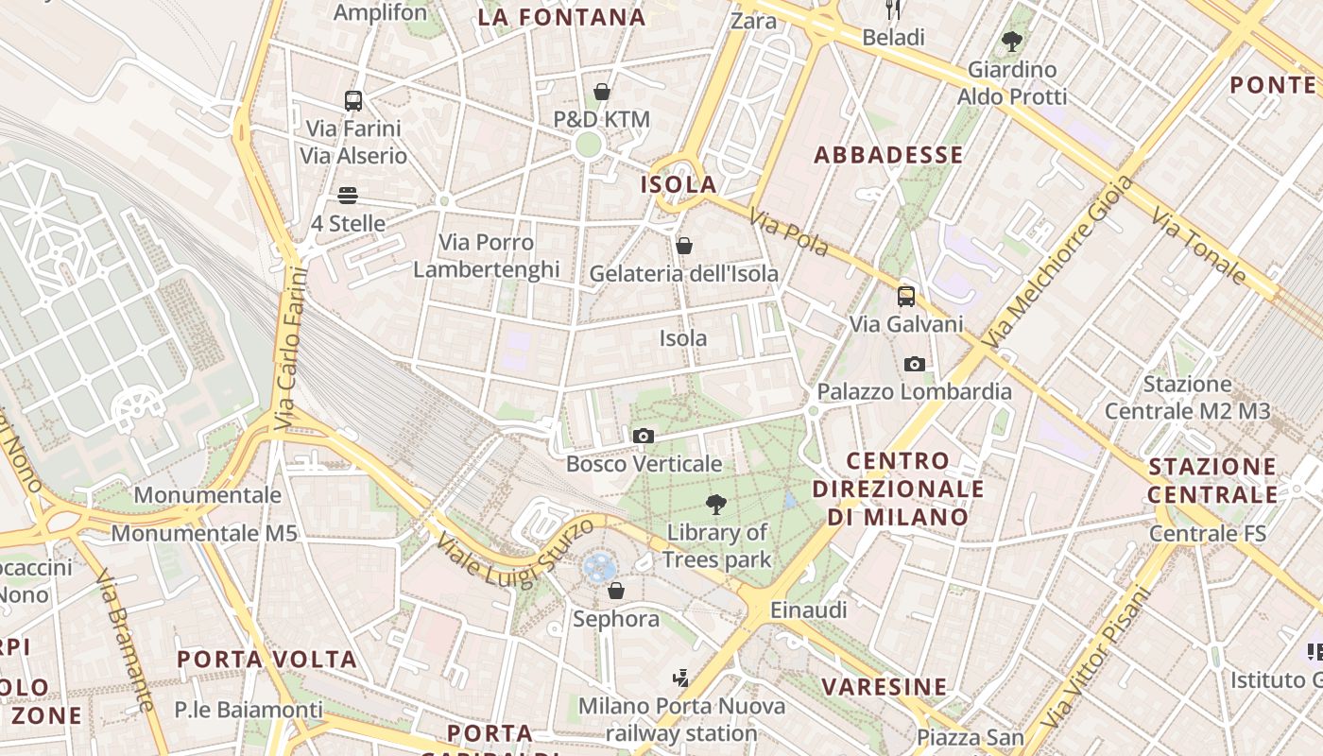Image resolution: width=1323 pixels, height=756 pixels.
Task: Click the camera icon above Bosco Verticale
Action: [644, 436]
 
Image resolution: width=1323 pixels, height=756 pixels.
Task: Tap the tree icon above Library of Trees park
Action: [716, 504]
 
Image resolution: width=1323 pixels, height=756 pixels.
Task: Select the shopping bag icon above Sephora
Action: [616, 591]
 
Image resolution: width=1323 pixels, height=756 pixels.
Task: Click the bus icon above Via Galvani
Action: [905, 296]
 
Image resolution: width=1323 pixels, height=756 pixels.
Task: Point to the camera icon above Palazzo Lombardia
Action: [914, 364]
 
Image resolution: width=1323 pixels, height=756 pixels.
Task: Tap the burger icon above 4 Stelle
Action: [348, 196]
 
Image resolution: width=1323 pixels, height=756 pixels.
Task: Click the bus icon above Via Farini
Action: [353, 100]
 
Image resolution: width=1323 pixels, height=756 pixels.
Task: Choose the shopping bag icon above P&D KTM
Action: [602, 92]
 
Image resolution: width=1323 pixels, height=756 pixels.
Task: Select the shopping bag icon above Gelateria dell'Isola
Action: [684, 246]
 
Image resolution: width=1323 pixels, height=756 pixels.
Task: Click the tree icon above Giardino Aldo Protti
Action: [1012, 42]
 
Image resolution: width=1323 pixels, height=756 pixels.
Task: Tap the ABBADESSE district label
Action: [888, 155]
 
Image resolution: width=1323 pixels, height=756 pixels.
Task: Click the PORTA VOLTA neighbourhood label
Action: [267, 660]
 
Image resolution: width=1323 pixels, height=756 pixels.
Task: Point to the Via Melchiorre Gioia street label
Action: [1056, 262]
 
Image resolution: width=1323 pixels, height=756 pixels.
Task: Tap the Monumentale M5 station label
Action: [204, 533]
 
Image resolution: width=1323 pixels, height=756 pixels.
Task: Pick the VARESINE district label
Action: [884, 687]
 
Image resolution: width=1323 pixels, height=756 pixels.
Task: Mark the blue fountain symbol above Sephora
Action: [599, 568]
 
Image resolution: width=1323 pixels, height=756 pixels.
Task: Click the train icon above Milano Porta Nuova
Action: [680, 678]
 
